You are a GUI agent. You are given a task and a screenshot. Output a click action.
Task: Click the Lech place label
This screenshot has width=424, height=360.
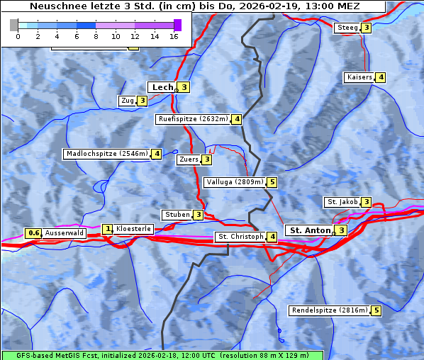pyautogui.click(x=162, y=87)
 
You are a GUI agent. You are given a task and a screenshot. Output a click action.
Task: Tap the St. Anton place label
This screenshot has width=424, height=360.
pyautogui.click(x=311, y=230)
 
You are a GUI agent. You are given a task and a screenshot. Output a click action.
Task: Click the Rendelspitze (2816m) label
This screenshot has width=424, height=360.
pyautogui.click(x=330, y=310)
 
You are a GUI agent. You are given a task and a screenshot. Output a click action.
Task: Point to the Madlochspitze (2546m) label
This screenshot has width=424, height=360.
pyautogui.click(x=106, y=154)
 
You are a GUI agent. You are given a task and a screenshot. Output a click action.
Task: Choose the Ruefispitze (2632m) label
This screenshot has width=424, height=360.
pyautogui.click(x=193, y=119)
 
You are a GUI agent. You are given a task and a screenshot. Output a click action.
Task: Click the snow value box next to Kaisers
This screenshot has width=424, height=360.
pyautogui.click(x=381, y=77)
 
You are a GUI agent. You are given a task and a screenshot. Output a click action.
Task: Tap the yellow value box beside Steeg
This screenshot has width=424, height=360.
pyautogui.click(x=366, y=28)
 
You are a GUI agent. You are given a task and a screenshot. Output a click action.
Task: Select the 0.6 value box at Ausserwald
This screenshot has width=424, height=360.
pyautogui.click(x=33, y=233)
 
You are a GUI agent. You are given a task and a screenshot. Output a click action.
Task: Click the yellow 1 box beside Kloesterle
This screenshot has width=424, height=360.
pyautogui.click(x=108, y=229)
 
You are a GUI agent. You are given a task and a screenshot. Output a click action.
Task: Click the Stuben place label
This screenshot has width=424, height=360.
pyautogui.click(x=177, y=215)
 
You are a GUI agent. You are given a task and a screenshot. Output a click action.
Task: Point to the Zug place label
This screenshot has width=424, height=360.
pyautogui.click(x=128, y=101)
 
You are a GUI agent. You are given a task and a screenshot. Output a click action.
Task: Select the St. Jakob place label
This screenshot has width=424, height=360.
pyautogui.click(x=342, y=202)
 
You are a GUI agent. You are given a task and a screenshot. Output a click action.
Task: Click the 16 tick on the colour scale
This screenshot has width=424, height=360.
pyautogui.click(x=174, y=35)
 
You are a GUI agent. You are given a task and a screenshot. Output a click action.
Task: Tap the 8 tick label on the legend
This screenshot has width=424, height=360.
pyautogui.click(x=96, y=35)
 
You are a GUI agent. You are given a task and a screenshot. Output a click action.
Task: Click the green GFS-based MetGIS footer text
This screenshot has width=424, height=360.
pyautogui.click(x=162, y=355)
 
